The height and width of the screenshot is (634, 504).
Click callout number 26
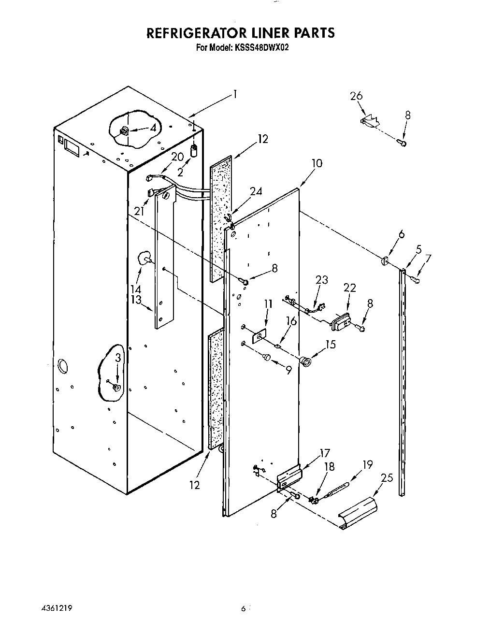pos(356,96)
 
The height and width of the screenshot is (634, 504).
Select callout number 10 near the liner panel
pos(317,163)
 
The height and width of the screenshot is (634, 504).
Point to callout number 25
pos(387,478)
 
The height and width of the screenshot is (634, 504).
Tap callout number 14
pos(136,289)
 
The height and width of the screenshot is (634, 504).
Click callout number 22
pos(349,288)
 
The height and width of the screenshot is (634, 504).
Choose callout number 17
pos(324,453)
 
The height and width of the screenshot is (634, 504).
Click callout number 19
pos(368,465)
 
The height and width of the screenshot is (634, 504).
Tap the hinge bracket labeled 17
pos(289,478)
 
